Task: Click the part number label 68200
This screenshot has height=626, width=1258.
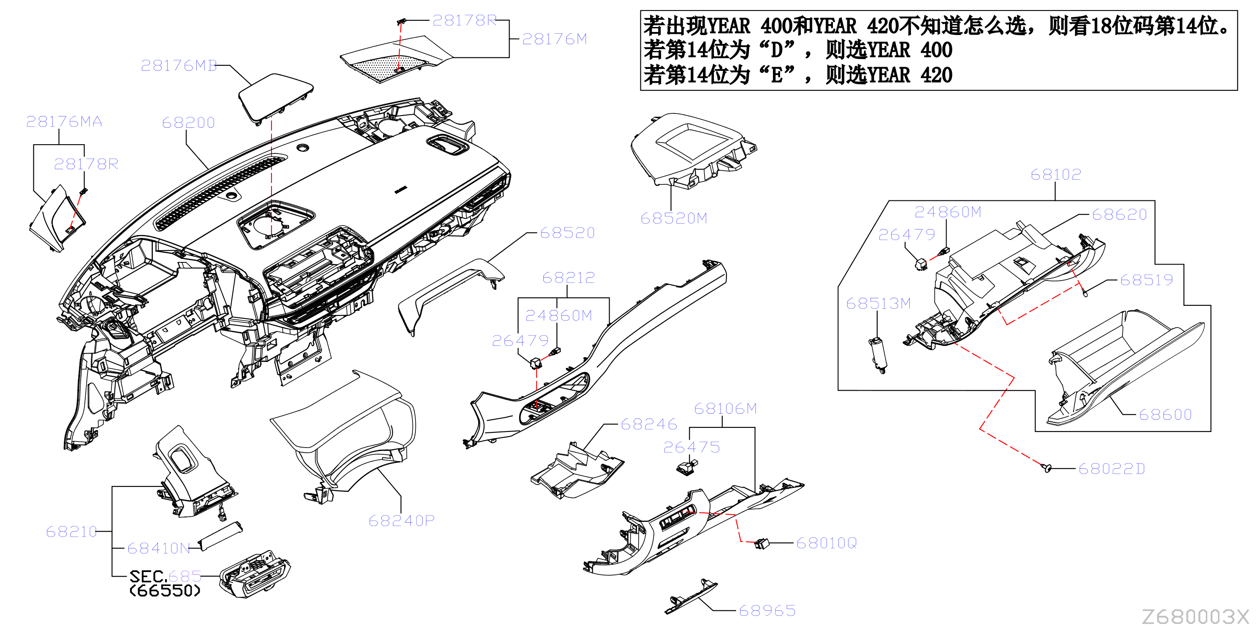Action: tap(189, 122)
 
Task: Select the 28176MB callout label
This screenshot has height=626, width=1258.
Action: tap(179, 65)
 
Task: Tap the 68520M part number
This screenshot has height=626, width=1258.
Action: tap(674, 218)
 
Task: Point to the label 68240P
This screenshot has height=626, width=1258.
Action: tap(401, 521)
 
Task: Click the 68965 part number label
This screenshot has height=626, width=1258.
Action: tap(767, 610)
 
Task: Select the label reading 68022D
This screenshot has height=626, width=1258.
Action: tap(1112, 469)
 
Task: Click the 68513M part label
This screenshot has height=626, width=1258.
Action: tap(878, 303)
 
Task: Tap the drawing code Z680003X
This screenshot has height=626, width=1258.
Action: tap(1195, 616)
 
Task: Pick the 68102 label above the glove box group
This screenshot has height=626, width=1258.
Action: tap(1056, 174)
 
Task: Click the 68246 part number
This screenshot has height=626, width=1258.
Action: tap(649, 424)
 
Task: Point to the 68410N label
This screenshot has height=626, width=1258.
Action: tap(159, 548)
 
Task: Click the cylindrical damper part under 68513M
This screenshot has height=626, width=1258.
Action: tap(878, 355)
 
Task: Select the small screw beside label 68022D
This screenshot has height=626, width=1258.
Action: tap(1047, 468)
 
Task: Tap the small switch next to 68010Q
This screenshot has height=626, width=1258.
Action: tap(762, 543)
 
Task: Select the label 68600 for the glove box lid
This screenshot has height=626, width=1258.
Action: tap(1165, 415)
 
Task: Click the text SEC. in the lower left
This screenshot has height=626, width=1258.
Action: tap(149, 576)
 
